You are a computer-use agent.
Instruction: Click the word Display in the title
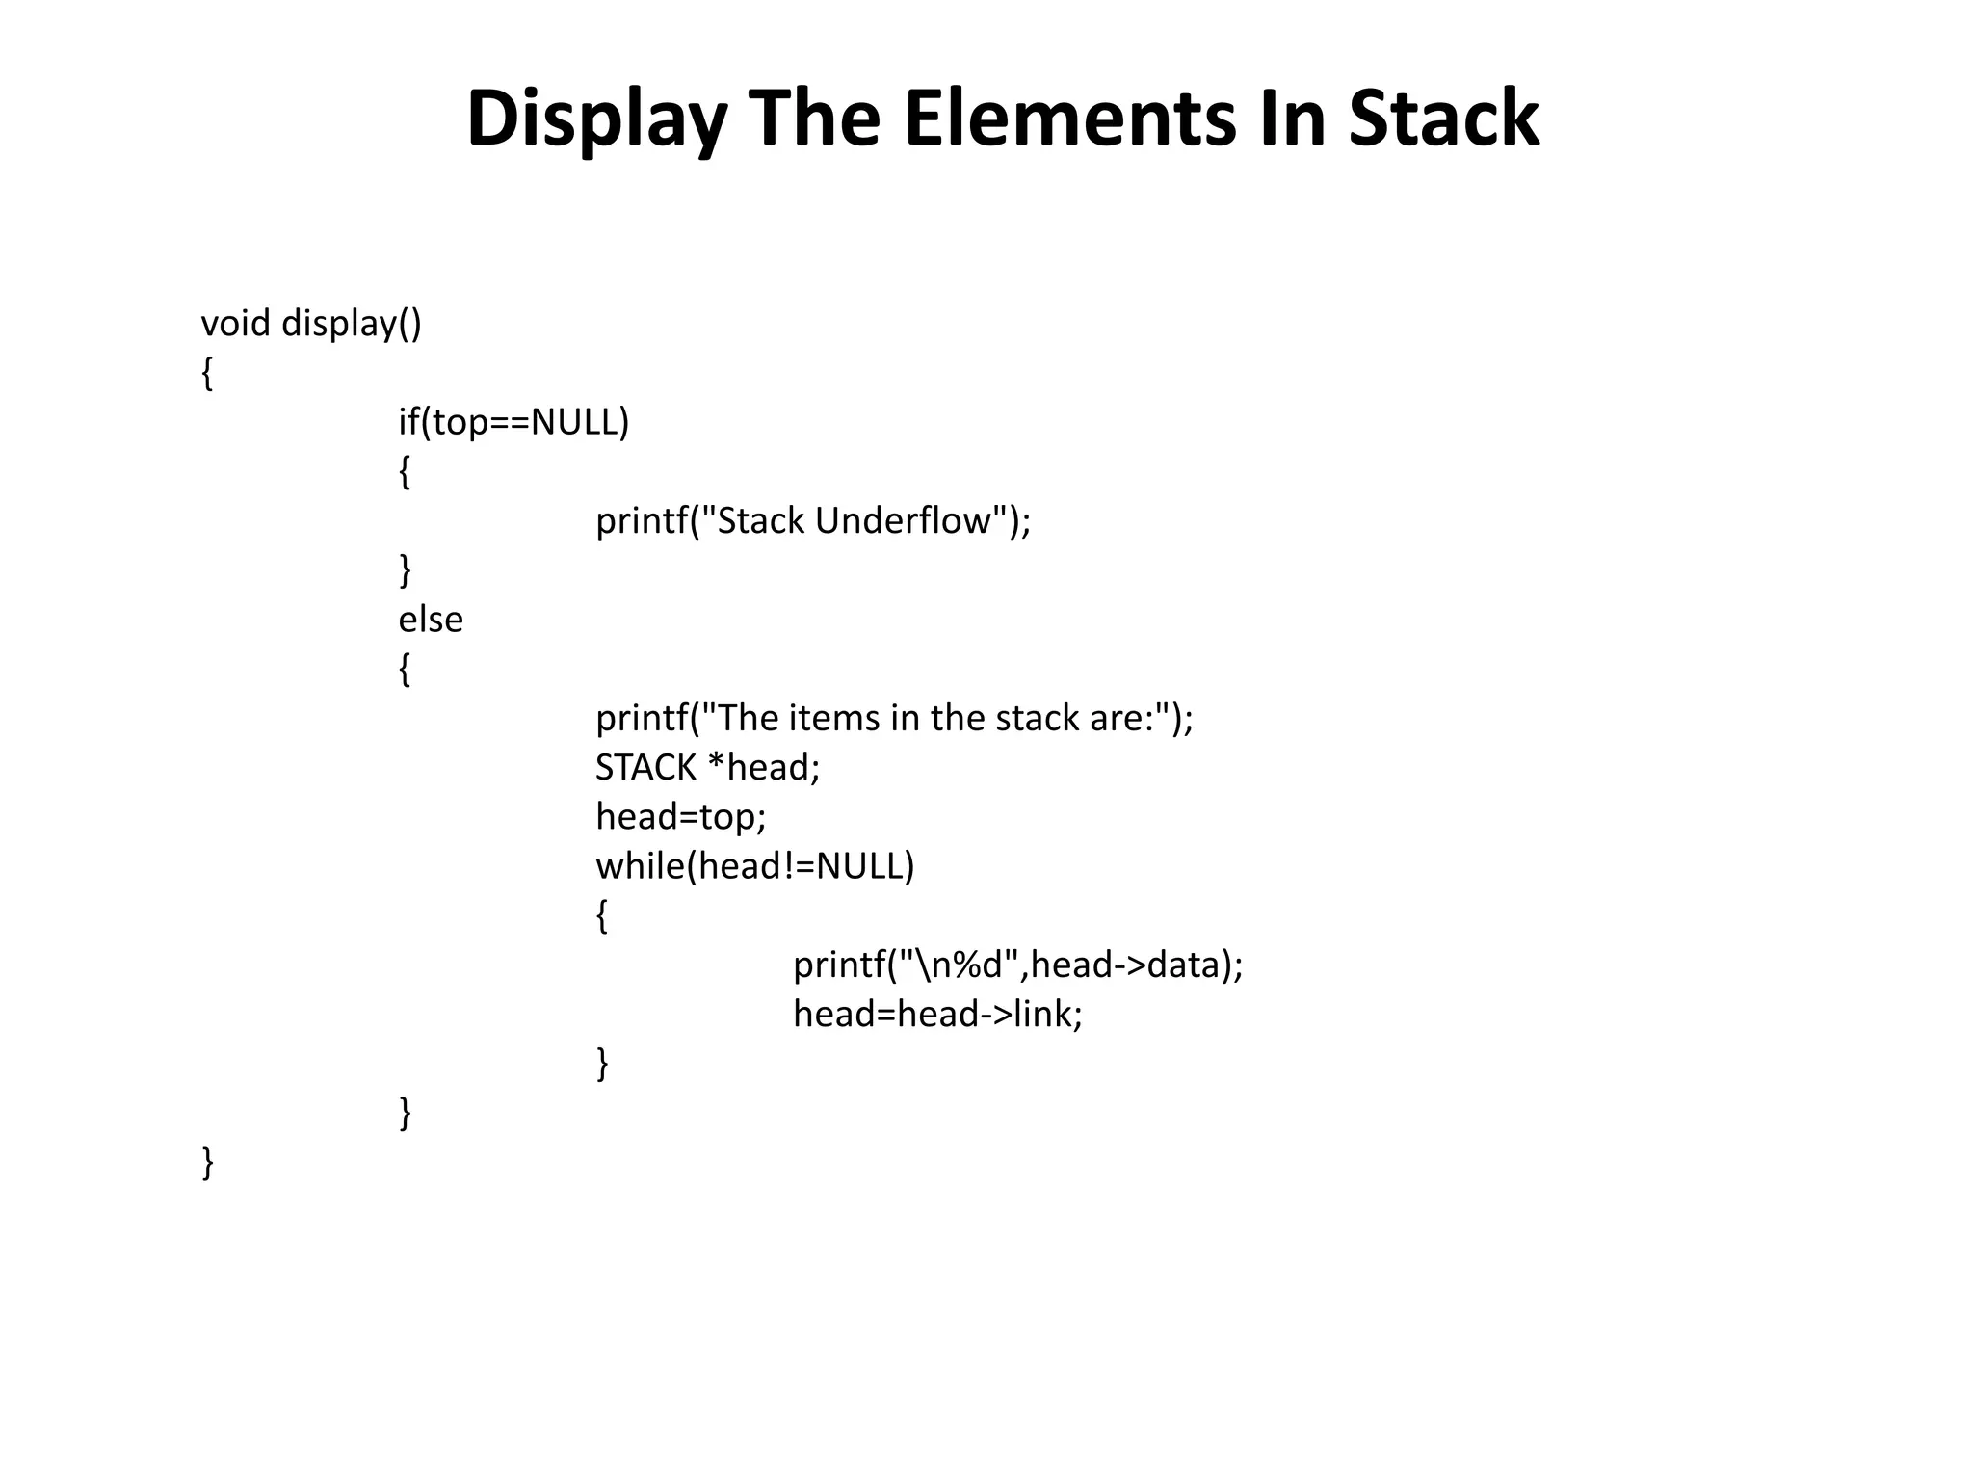(x=596, y=119)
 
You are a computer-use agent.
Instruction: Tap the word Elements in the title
(x=1069, y=119)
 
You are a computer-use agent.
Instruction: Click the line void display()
(x=310, y=324)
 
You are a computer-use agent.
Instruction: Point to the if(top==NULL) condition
(x=513, y=422)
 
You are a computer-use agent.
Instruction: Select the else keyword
(x=431, y=620)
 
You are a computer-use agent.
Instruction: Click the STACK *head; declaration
(x=707, y=768)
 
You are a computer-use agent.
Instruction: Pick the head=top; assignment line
(x=680, y=817)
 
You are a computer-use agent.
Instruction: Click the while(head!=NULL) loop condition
(x=754, y=866)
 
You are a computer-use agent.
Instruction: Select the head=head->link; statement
(x=937, y=1014)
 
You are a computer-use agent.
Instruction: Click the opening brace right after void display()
(x=207, y=373)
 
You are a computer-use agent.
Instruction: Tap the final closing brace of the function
(x=207, y=1162)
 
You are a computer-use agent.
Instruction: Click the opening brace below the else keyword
(x=405, y=669)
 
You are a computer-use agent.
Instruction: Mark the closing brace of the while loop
(x=602, y=1064)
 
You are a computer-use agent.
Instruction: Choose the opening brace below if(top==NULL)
(x=405, y=472)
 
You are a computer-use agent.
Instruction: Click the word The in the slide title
(x=814, y=119)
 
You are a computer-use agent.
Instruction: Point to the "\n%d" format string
(x=959, y=965)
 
